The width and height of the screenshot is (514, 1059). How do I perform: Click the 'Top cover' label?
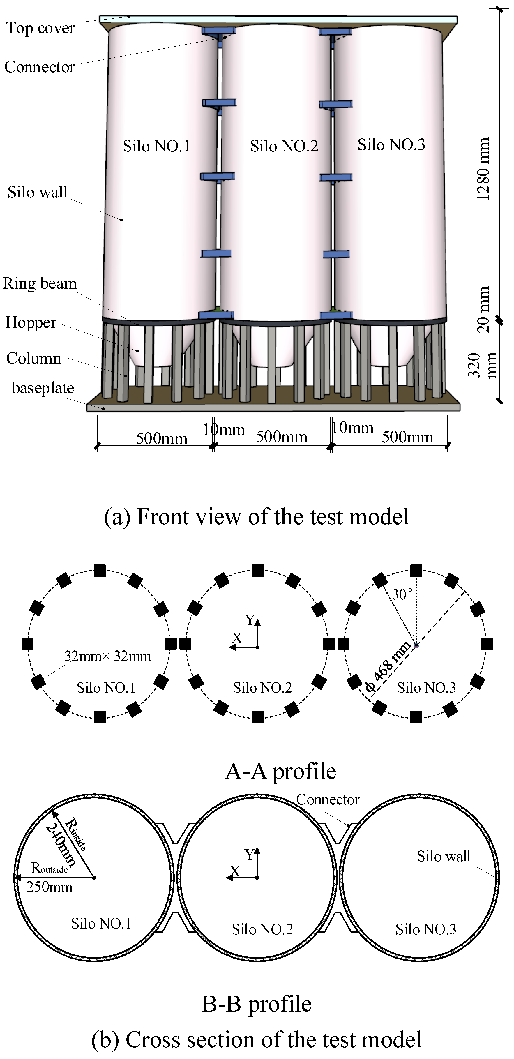(40, 28)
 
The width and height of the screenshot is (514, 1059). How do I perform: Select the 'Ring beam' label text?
(40, 283)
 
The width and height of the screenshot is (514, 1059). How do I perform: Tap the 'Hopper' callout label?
(31, 322)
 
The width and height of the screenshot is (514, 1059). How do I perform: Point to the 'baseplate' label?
(43, 388)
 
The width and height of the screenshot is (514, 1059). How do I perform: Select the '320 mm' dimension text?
(481, 365)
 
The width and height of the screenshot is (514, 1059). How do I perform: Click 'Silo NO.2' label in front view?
(284, 146)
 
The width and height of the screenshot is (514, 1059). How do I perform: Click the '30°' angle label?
(401, 594)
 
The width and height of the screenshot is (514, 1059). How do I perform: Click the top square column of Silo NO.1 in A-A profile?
(100, 571)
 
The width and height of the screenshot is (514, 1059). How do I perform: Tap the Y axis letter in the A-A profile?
(250, 619)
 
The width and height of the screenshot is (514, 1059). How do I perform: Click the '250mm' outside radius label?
(49, 887)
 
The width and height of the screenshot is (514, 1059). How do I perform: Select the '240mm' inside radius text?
(61, 845)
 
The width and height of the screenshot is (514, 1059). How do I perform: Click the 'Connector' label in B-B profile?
(328, 799)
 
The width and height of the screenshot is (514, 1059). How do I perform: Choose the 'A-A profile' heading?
(281, 771)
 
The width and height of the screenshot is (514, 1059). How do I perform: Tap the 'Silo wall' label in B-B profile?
(443, 856)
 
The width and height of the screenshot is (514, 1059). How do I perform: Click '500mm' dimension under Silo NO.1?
(162, 438)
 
